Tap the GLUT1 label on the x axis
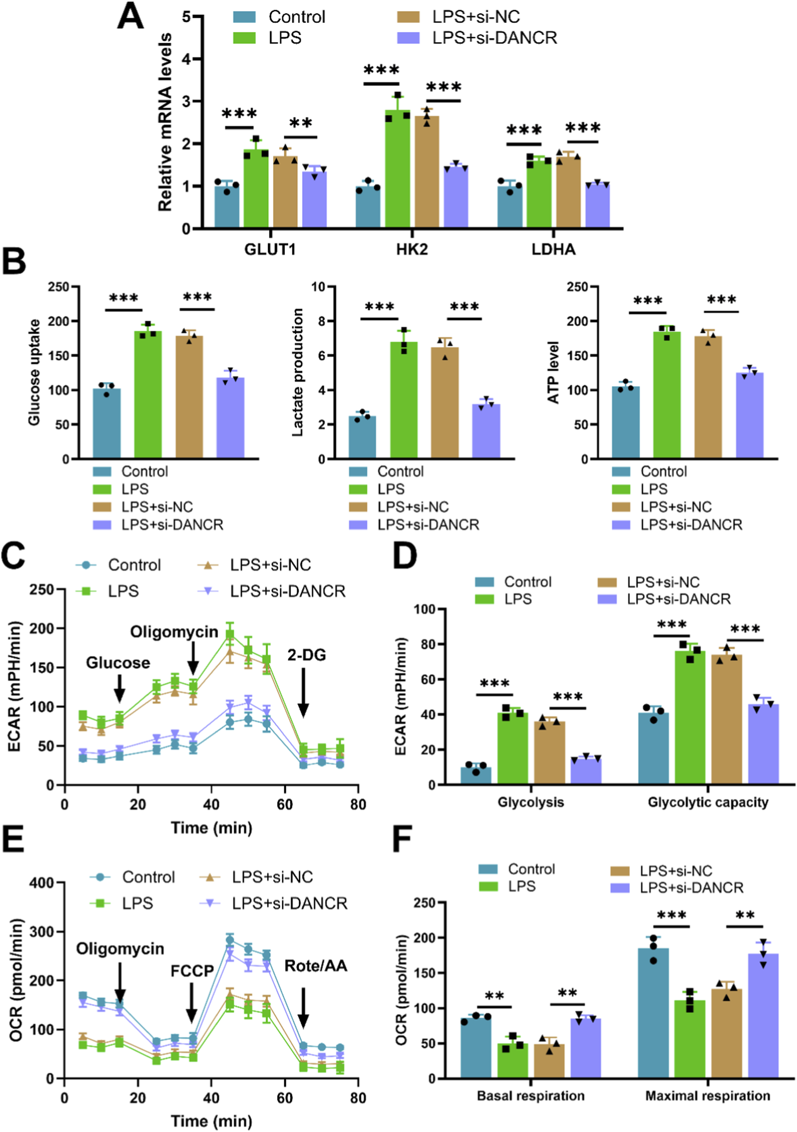coord(270,249)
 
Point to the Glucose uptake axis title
coord(33,372)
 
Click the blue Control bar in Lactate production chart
coord(362,437)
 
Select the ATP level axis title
coord(554,372)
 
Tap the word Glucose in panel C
coord(118,663)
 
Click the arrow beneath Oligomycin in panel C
coord(194,658)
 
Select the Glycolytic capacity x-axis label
coord(707,802)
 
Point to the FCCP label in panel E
coord(192,971)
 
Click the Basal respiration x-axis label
coord(530,1096)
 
